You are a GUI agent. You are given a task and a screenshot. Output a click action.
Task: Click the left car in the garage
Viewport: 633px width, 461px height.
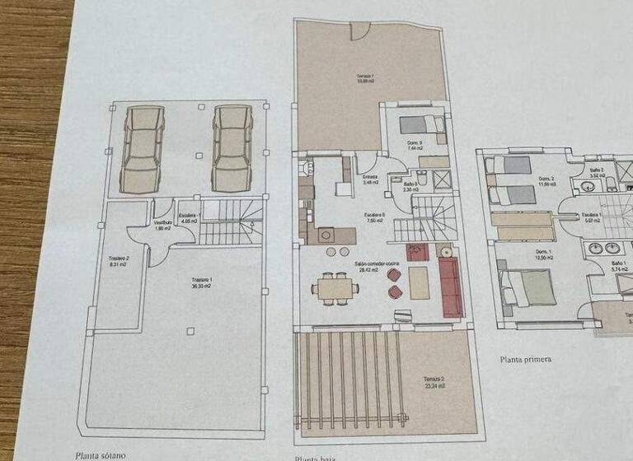pyautogui.click(x=143, y=148)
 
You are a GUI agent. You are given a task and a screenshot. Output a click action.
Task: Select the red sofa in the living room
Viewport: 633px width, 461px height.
pyautogui.click(x=450, y=286)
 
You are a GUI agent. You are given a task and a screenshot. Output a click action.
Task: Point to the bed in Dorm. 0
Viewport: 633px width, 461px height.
pyautogui.click(x=421, y=126)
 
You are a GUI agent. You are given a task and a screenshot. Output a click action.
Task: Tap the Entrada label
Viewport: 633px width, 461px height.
pyautogui.click(x=369, y=179)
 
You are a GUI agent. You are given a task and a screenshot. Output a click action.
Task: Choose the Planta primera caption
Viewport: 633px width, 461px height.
pyautogui.click(x=525, y=359)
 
